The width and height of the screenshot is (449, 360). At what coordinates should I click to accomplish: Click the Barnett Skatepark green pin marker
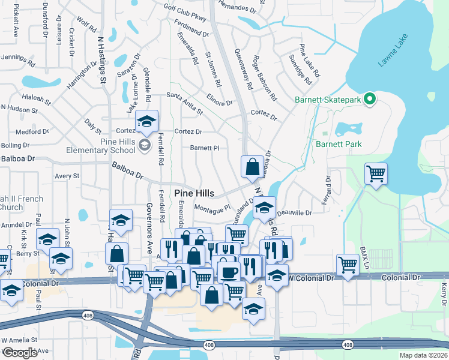[370, 99]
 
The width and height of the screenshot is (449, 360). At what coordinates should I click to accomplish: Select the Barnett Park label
[339, 144]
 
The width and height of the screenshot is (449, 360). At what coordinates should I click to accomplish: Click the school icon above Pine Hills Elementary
[146, 122]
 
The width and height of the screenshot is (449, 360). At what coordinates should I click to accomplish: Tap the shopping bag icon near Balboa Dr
[253, 167]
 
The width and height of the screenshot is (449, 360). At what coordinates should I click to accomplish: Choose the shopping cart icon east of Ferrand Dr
[376, 174]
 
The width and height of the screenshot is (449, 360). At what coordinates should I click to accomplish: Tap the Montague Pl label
[212, 208]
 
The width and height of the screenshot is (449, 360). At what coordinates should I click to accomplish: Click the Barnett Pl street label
[204, 148]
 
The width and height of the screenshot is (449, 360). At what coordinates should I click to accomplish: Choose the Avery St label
[67, 176]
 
